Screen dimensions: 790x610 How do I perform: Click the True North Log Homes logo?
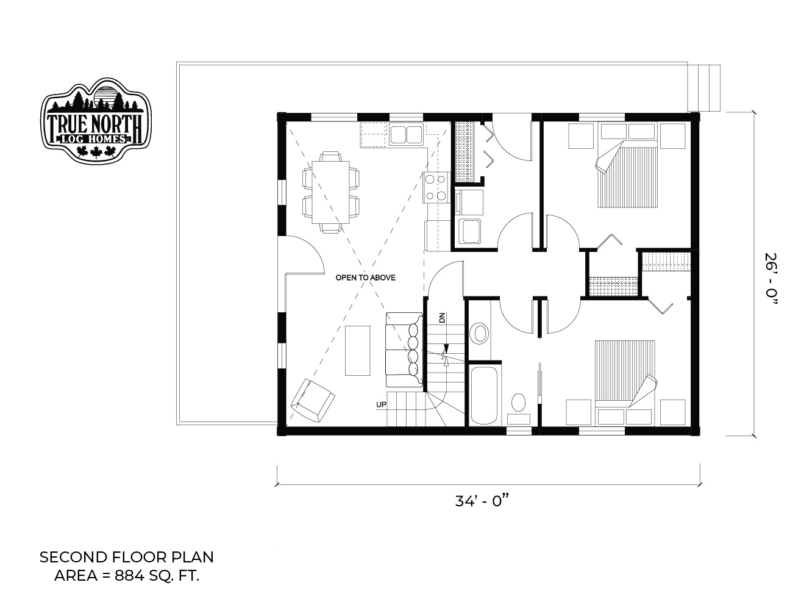(x=96, y=120)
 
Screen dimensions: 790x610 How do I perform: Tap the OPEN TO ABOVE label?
(x=365, y=278)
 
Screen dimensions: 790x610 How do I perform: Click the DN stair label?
(x=442, y=318)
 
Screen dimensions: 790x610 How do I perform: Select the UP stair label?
(x=381, y=404)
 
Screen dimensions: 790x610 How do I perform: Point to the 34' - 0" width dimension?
(x=482, y=501)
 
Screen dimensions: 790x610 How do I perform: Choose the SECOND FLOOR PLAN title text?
(x=127, y=558)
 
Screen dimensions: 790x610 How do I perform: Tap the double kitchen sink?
(x=406, y=134)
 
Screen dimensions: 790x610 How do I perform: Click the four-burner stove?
(x=436, y=187)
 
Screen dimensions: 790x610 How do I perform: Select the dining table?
(x=330, y=192)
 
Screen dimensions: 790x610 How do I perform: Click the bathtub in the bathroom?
(x=483, y=395)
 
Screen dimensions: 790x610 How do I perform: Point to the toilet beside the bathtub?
(x=518, y=408)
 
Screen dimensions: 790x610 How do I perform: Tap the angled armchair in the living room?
(x=313, y=401)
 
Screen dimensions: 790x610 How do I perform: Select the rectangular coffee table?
(x=358, y=351)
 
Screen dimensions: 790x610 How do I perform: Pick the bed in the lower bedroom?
(x=625, y=383)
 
